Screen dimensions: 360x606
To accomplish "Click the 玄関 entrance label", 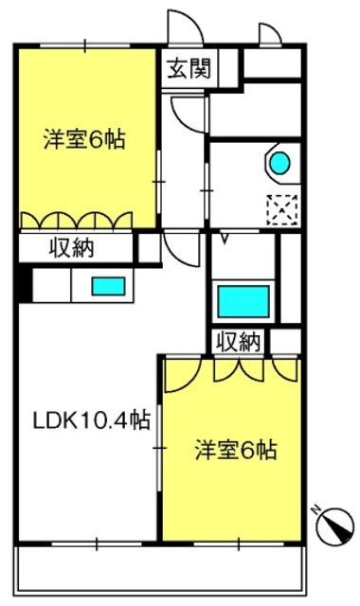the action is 189,68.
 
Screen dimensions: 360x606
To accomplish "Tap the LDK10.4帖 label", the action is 92,419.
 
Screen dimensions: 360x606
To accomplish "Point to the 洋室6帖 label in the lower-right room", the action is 236,450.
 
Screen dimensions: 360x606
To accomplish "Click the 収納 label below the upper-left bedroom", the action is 72,248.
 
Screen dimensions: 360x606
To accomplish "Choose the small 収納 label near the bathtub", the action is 238,342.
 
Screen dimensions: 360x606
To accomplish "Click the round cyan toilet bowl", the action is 279,162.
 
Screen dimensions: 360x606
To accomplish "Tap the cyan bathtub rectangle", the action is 243,301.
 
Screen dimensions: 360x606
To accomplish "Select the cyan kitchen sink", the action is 108,286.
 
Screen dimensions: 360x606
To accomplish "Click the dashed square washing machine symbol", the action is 282,210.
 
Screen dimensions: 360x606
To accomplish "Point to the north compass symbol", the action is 334,526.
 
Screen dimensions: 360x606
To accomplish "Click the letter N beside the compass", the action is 318,510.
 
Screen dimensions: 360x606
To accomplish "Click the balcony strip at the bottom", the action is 160,568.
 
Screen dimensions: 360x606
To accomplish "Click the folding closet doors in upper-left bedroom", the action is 76,221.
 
